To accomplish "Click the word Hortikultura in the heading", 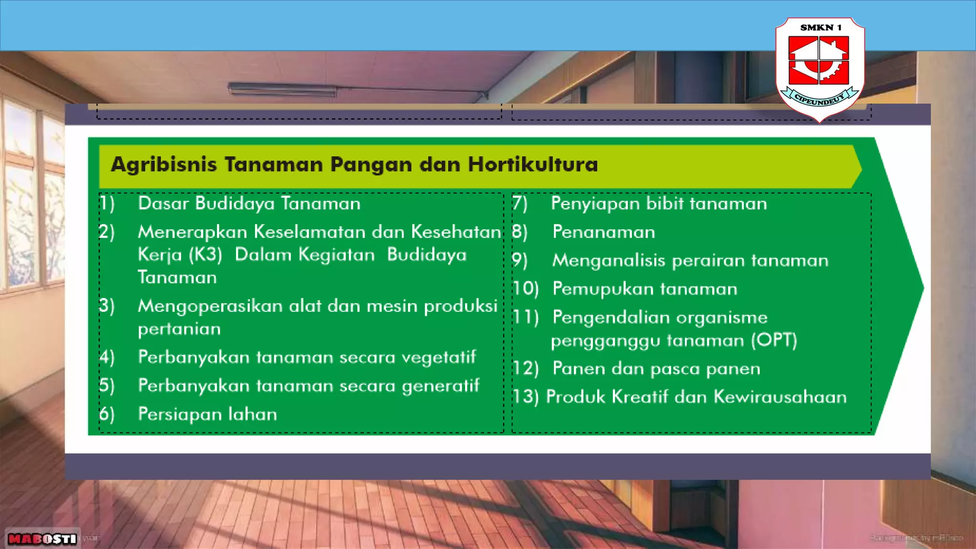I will click(532, 164).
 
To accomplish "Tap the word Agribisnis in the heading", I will click(163, 165).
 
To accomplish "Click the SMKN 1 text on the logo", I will click(821, 28).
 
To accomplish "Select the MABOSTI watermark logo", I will click(42, 539).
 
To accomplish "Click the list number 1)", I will click(107, 203).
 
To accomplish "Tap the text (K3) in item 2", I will click(205, 255).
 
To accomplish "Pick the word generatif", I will click(440, 386).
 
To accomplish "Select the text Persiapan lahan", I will click(207, 414).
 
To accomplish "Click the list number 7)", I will click(520, 203).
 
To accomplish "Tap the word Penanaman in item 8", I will click(603, 232).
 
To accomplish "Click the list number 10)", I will click(525, 289).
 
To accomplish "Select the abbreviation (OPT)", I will click(774, 340).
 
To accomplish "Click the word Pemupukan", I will click(602, 289).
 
